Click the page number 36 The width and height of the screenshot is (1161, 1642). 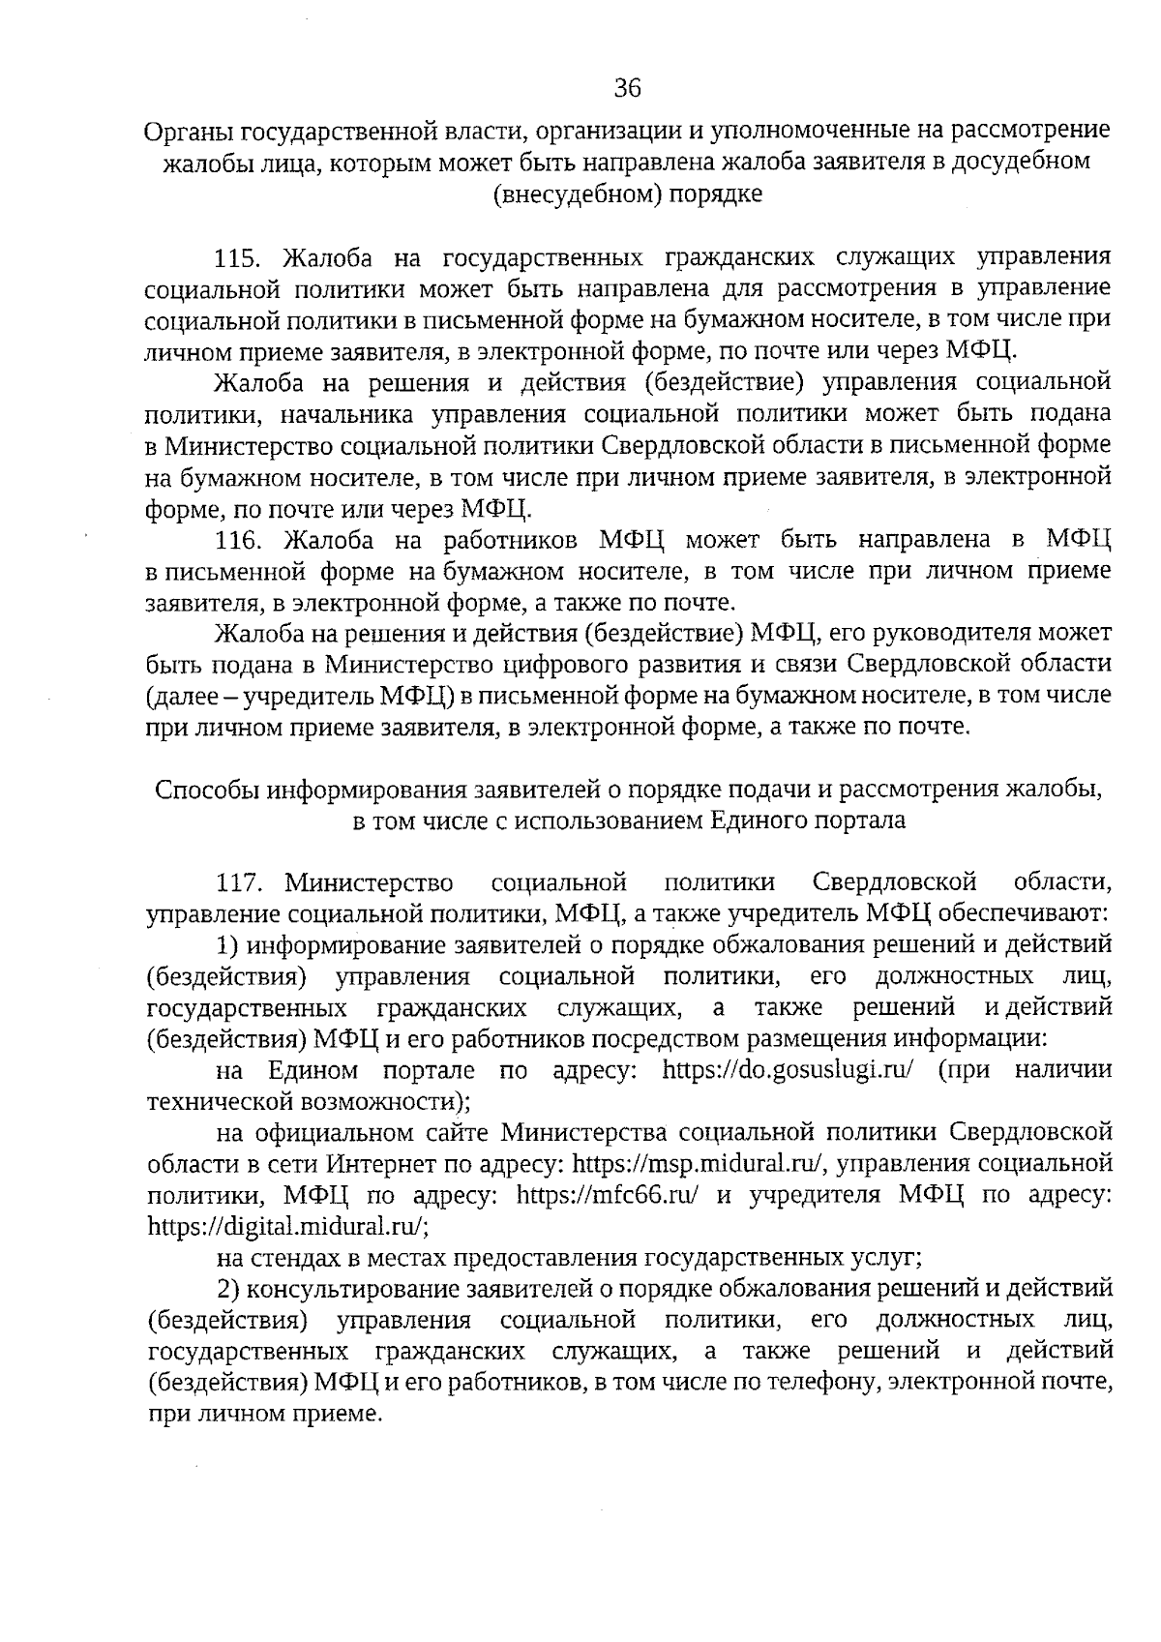click(627, 89)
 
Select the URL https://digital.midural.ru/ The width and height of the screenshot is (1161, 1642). click(288, 1226)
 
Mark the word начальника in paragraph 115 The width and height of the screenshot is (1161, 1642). click(348, 414)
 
